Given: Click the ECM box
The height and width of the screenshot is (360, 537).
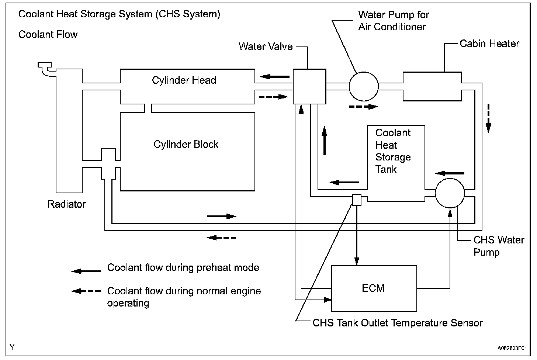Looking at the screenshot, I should pyautogui.click(x=374, y=288).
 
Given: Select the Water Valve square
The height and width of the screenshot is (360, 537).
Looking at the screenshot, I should pyautogui.click(x=309, y=86).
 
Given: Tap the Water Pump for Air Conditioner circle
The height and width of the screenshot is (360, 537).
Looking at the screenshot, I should pyautogui.click(x=364, y=86).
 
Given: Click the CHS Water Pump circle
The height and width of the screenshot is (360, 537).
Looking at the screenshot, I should pyautogui.click(x=450, y=193).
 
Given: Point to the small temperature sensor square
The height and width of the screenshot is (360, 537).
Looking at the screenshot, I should pyautogui.click(x=357, y=200).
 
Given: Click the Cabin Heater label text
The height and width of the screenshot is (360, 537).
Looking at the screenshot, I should pyautogui.click(x=489, y=44).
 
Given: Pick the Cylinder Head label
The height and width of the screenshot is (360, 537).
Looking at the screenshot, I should pyautogui.click(x=184, y=80).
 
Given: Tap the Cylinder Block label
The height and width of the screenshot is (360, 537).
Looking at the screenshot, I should pyautogui.click(x=186, y=144).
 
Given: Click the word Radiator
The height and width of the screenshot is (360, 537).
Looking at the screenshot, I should pyautogui.click(x=66, y=204).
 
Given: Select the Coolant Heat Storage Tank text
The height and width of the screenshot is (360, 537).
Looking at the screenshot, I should pyautogui.click(x=393, y=151).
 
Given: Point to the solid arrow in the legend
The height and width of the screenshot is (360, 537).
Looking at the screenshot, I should pyautogui.click(x=86, y=271).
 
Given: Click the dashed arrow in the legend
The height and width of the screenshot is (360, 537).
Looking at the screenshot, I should pyautogui.click(x=86, y=291).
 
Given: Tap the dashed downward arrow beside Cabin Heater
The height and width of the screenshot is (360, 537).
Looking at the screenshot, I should pyautogui.click(x=488, y=118).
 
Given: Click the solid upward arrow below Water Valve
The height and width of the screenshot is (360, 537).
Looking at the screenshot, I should pyautogui.click(x=325, y=141).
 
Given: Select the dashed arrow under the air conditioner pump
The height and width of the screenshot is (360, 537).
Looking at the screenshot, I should pyautogui.click(x=363, y=107).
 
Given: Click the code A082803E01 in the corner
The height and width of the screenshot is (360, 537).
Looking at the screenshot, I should pyautogui.click(x=512, y=348).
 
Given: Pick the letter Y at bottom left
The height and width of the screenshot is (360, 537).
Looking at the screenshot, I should pyautogui.click(x=13, y=347).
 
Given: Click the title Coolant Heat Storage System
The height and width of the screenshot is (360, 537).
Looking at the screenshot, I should pyautogui.click(x=119, y=14).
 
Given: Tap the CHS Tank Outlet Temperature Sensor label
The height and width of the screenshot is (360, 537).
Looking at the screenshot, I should pyautogui.click(x=397, y=323).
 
